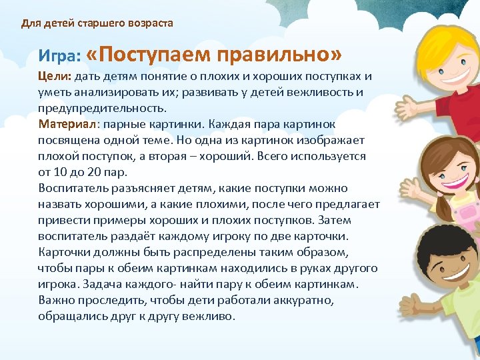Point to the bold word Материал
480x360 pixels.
coord(67,125)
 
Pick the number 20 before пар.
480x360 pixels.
coord(100,172)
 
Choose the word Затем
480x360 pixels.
coord(336,221)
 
